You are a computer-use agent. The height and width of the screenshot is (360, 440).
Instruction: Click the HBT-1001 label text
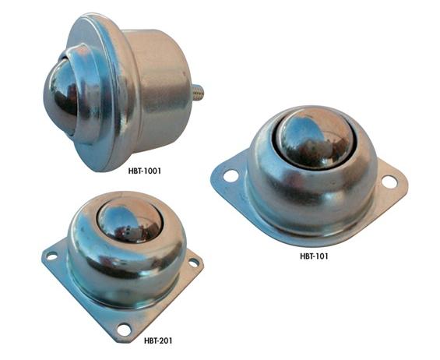(145, 171)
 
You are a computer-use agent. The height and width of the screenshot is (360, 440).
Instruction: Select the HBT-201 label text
(158, 341)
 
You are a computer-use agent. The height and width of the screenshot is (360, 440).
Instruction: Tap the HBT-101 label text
(314, 256)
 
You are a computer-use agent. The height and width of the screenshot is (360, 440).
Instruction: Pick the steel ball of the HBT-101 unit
(316, 139)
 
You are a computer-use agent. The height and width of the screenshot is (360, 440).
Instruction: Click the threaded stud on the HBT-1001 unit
(198, 92)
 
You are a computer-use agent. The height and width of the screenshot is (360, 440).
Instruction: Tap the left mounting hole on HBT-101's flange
(231, 176)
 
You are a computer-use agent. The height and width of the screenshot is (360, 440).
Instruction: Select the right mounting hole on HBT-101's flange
(389, 182)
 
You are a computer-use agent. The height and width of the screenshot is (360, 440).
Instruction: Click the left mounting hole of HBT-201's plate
(51, 256)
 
